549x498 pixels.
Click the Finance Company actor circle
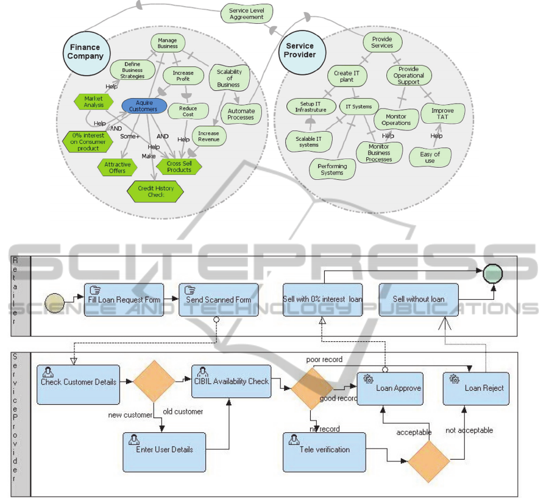[83, 52]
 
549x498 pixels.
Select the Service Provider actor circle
[300, 51]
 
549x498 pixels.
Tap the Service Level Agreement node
[247, 13]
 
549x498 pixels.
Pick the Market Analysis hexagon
[93, 102]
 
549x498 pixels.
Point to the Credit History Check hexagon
[155, 191]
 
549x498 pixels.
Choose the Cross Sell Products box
[179, 166]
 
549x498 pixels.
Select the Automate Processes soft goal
[241, 113]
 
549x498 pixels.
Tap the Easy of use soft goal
[430, 157]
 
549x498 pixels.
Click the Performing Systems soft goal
[332, 169]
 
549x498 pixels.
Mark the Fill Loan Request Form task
[124, 299]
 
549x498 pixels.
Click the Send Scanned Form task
[219, 299]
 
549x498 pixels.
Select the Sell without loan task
[419, 299]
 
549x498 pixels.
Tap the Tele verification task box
[324, 452]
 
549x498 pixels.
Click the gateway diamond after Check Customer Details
[154, 382]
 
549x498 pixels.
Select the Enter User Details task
[164, 452]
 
